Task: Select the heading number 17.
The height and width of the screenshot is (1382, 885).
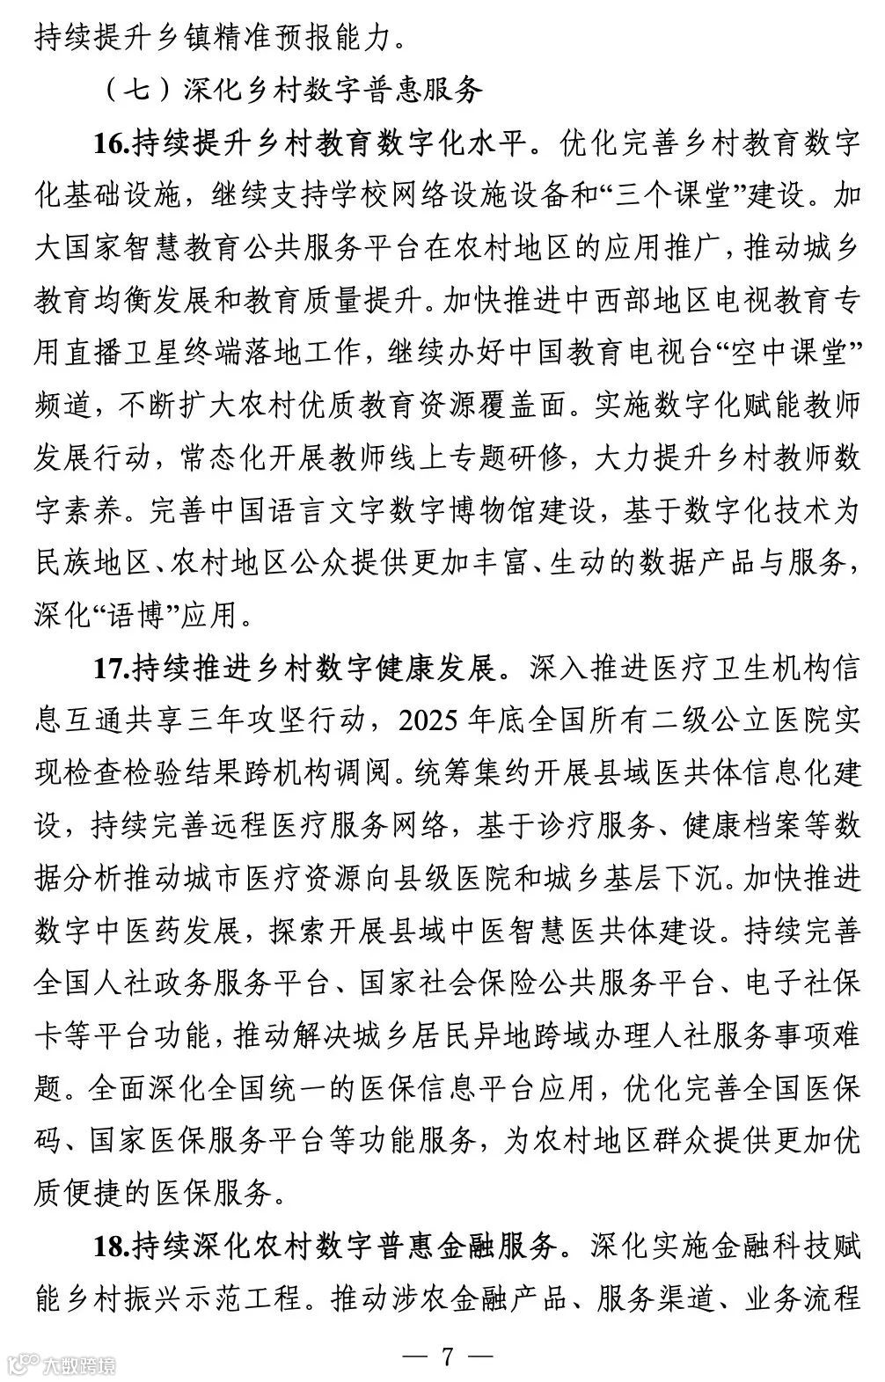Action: click(x=112, y=668)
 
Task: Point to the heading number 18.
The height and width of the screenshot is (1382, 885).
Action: click(x=112, y=1247)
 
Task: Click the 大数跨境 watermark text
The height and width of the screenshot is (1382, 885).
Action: click(x=84, y=1365)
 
